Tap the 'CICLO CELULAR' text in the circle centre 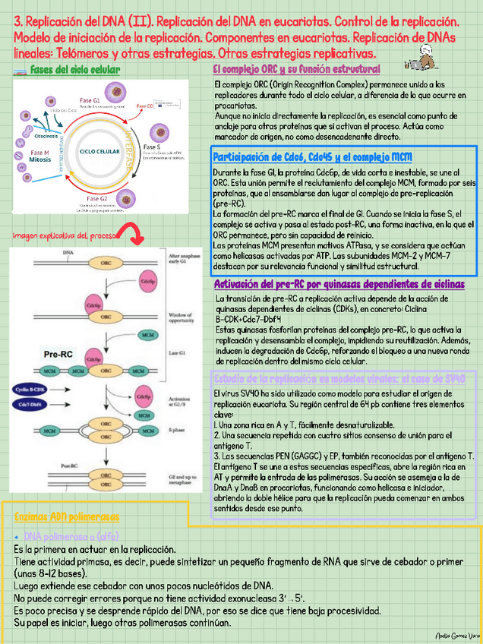pos(99,152)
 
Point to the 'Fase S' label pos(152,147)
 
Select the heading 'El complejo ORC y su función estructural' pos(296,69)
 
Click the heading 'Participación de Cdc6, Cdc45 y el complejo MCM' pos(313,157)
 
